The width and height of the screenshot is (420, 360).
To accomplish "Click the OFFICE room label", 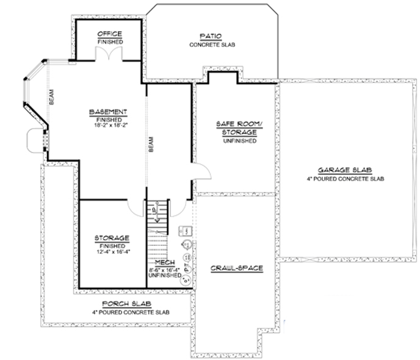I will click(110, 33).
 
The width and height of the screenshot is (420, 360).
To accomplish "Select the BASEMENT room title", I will click(108, 112).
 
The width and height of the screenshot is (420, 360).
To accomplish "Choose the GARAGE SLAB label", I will click(346, 170).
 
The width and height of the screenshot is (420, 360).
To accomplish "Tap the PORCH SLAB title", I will click(128, 303).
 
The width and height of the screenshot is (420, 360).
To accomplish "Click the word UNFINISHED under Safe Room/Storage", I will click(235, 141).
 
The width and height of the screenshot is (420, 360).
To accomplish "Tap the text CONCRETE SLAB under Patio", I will click(212, 45).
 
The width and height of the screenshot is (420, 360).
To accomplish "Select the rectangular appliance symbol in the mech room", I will click(188, 231).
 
